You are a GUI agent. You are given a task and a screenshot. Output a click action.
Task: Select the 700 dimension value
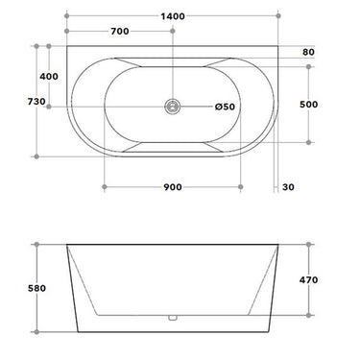[120, 32]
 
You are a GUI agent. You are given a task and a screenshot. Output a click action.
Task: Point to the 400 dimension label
[48, 75]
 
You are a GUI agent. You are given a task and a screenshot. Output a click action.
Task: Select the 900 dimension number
[174, 186]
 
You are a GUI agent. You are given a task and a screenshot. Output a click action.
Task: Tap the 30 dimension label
[289, 186]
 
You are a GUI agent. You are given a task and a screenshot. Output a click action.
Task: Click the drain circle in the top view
[174, 107]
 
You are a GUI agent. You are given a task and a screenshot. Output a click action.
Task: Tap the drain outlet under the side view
[174, 318]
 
